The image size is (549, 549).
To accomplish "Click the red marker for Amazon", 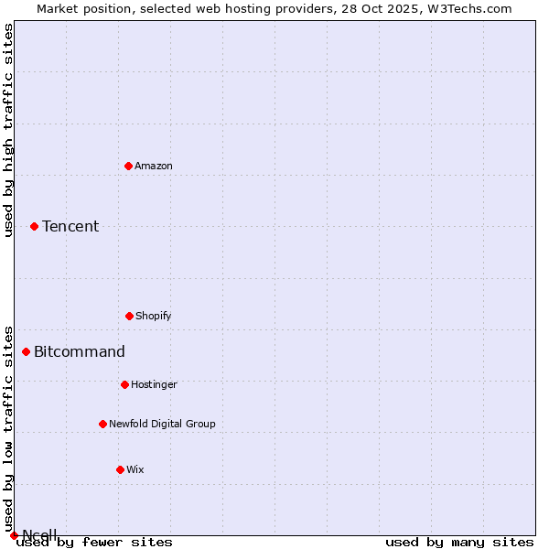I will [x=128, y=166].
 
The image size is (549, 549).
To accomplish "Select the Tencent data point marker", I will [x=34, y=226].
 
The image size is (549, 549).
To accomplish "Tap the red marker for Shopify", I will [x=129, y=316].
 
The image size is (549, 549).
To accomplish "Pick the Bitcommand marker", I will [x=26, y=351].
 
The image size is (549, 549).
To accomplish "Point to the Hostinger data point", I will [x=124, y=384].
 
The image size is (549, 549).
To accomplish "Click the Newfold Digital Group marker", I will [x=102, y=424].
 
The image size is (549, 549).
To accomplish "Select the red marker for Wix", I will [x=120, y=469].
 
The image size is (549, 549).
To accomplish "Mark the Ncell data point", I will [x=14, y=535].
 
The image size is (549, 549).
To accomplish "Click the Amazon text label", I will [x=154, y=166].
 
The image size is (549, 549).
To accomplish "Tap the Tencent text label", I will [x=70, y=226].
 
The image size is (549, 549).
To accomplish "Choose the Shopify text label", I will [x=154, y=316].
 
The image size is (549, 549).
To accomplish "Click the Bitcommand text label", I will [x=80, y=351].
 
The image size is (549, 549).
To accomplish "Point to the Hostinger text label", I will [x=154, y=384].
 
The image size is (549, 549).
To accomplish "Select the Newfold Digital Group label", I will [x=162, y=424].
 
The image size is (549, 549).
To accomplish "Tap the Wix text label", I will [x=135, y=469].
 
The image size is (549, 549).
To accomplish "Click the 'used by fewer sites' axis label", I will [x=94, y=543].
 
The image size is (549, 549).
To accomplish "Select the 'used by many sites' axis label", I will [x=459, y=543].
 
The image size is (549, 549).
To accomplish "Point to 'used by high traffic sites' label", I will [x=8, y=130].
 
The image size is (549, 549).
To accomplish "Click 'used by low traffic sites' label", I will [x=8, y=428].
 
